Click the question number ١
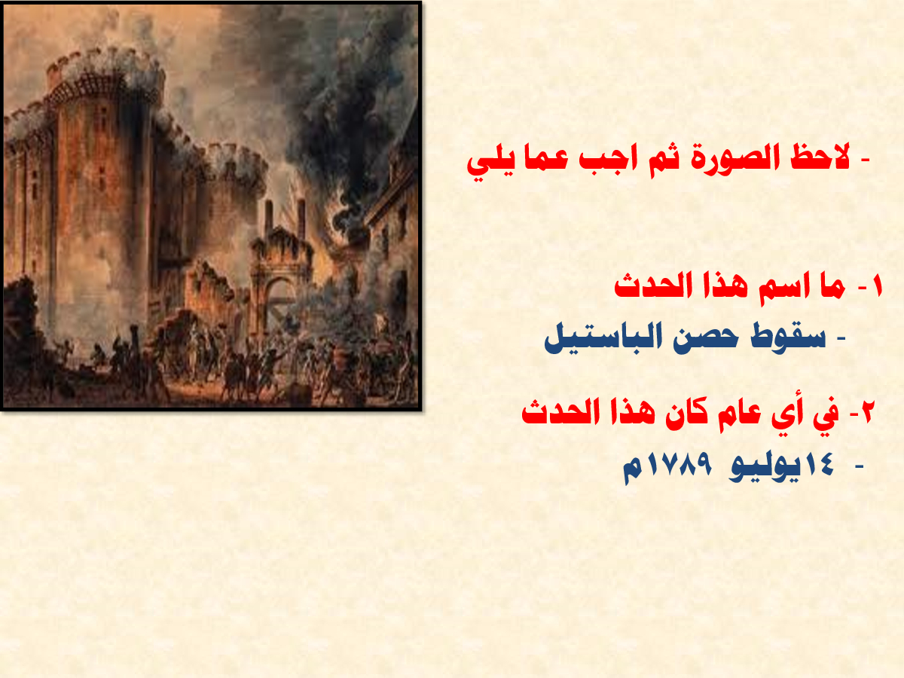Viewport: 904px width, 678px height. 876,287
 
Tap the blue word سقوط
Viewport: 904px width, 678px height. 789,338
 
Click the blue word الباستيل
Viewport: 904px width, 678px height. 603,338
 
